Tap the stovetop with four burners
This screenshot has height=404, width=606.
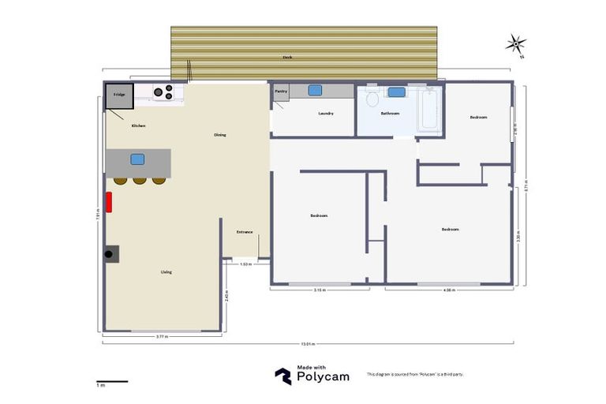[163, 92]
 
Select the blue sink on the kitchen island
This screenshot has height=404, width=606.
[137, 159]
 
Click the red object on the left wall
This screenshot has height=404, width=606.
[110, 202]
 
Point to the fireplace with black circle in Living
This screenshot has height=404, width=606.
[110, 253]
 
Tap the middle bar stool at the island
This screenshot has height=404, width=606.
[140, 181]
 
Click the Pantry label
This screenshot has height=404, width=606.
[281, 92]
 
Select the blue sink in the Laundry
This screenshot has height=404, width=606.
[315, 91]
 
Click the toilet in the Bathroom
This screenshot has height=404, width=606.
[372, 99]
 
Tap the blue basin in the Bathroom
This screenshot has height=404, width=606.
[396, 92]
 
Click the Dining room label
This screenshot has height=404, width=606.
[220, 135]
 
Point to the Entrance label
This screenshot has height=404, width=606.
[245, 232]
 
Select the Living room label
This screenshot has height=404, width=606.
[166, 272]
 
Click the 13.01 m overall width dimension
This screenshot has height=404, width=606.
[306, 343]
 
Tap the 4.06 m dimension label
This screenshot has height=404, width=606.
[449, 290]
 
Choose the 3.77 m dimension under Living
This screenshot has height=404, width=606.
[161, 337]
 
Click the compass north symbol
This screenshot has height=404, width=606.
[516, 44]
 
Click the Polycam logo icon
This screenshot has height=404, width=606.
[282, 376]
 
